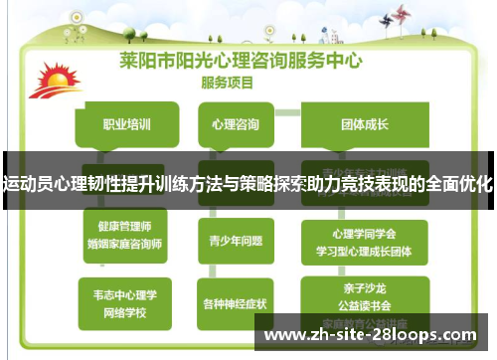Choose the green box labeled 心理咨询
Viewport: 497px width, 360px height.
point(237,125)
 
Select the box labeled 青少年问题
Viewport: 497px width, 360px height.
point(237,239)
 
